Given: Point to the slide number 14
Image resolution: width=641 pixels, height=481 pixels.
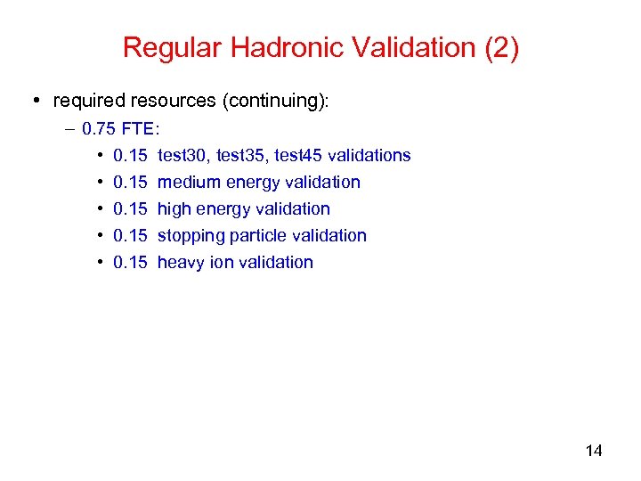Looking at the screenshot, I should point(594,451).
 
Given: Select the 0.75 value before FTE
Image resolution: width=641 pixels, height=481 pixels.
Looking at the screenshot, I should point(97,128).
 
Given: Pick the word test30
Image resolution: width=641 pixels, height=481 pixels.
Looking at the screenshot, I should point(181,155).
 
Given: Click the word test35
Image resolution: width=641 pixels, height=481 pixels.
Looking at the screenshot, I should point(240,155).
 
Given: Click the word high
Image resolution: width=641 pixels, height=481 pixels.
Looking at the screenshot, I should point(174,208).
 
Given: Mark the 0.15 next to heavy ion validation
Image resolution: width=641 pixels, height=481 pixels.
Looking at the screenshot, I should point(130,262).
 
